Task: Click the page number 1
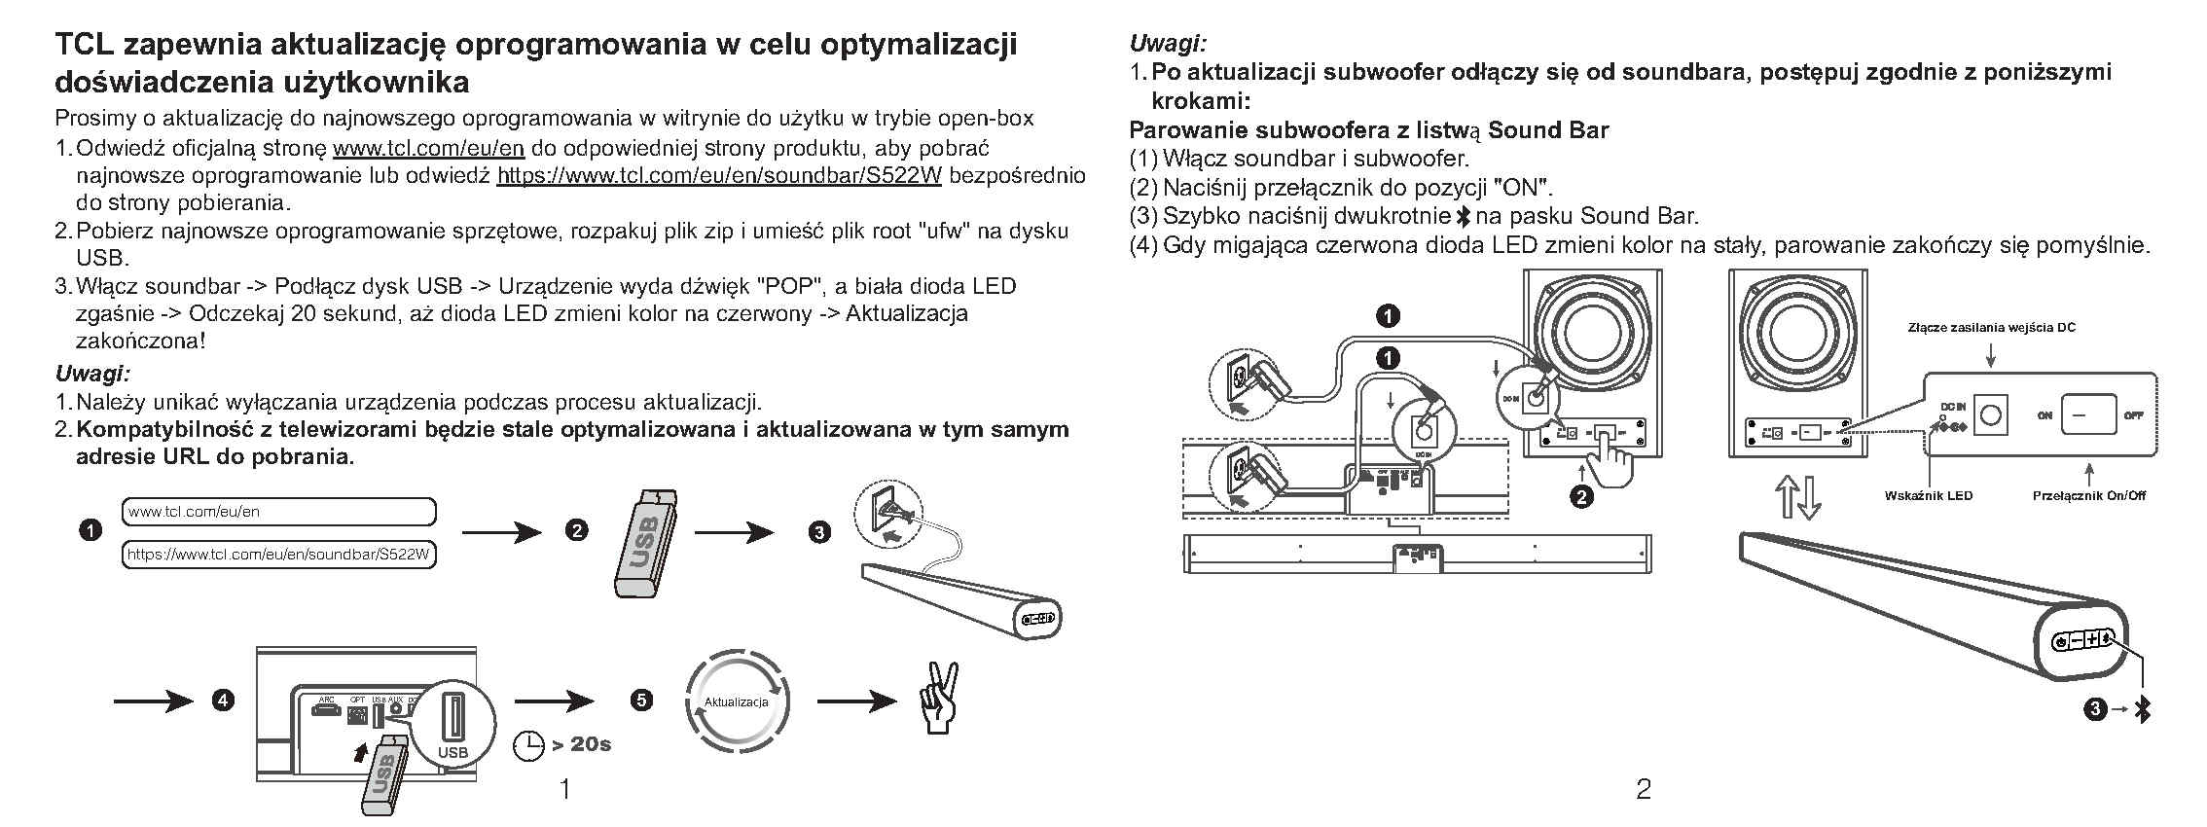coord(564,789)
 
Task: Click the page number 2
coord(1644,789)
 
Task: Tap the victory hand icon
coord(939,699)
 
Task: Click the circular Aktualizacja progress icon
coord(736,701)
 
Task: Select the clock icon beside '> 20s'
coord(528,745)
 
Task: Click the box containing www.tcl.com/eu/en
coord(279,512)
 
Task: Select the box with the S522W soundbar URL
coord(279,555)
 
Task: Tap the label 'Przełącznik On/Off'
coord(2088,496)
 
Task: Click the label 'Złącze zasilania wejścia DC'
coord(1991,328)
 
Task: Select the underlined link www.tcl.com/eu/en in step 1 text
coord(429,148)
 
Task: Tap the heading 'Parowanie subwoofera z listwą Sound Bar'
coord(1368,130)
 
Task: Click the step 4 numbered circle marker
coord(223,701)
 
